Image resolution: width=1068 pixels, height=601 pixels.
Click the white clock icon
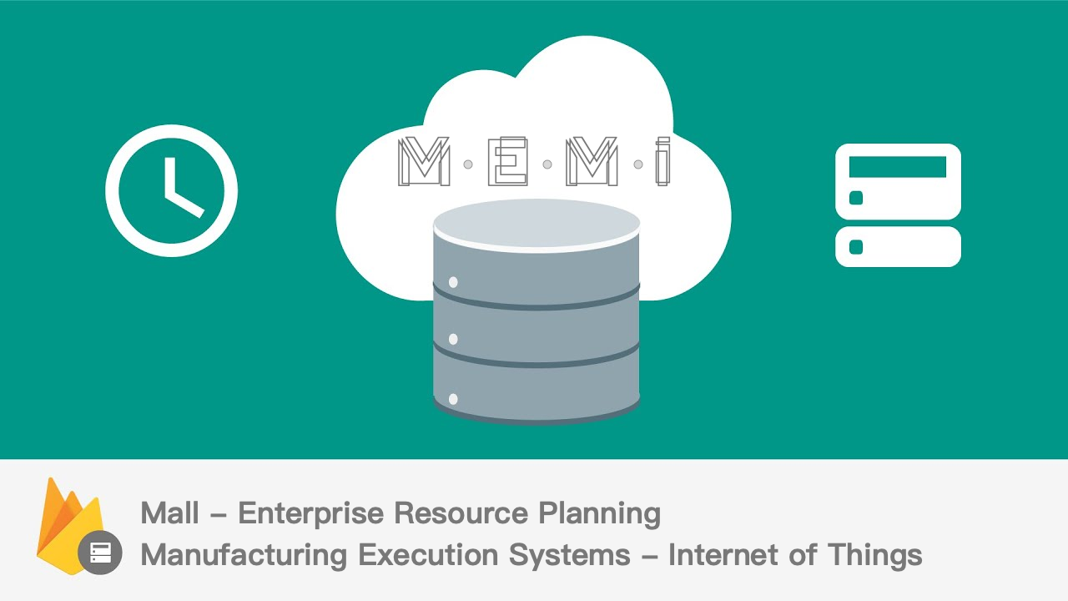[x=171, y=191]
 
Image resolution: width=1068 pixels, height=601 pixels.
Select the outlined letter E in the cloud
[x=507, y=162]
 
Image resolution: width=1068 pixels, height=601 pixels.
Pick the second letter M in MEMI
[x=592, y=162]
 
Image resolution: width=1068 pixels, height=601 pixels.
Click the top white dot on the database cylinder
[x=453, y=282]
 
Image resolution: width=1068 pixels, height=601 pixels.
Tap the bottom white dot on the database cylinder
[x=453, y=399]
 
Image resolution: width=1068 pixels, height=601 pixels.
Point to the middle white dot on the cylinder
[x=453, y=339]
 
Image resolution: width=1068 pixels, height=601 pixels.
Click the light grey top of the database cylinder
[x=537, y=222]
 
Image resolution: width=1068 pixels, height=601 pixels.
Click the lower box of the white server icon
[x=898, y=246]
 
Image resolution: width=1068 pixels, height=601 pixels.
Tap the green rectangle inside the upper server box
[x=897, y=167]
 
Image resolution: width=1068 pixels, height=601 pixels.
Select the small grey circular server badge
[x=100, y=552]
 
